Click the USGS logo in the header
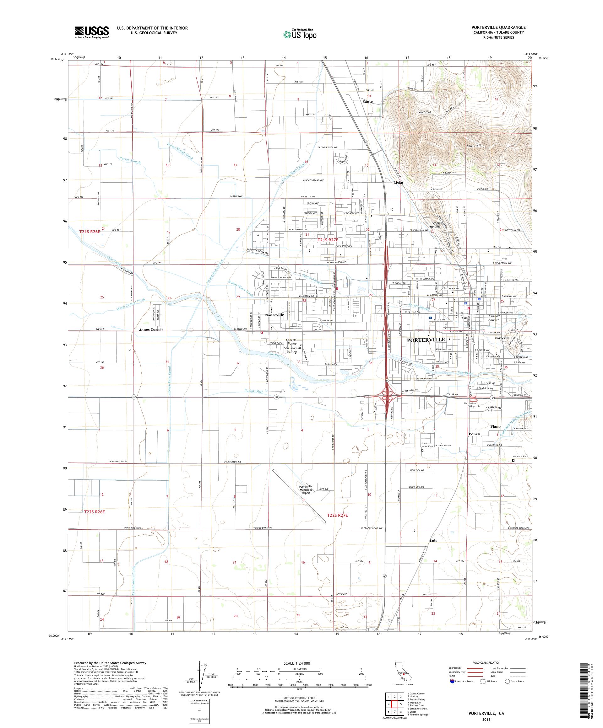pyautogui.click(x=92, y=32)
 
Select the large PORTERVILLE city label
pyautogui.click(x=425, y=340)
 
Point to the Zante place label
pyautogui.click(x=367, y=102)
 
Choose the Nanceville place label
pyautogui.click(x=274, y=315)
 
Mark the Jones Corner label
pyautogui.click(x=151, y=329)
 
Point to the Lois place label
pyautogui.click(x=433, y=540)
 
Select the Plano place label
pyautogui.click(x=496, y=426)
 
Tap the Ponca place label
pyautogui.click(x=474, y=434)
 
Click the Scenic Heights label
pyautogui.click(x=435, y=224)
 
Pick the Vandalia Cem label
pyautogui.click(x=520, y=457)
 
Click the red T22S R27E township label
pyautogui.click(x=337, y=516)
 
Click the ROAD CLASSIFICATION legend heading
pyautogui.click(x=486, y=662)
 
